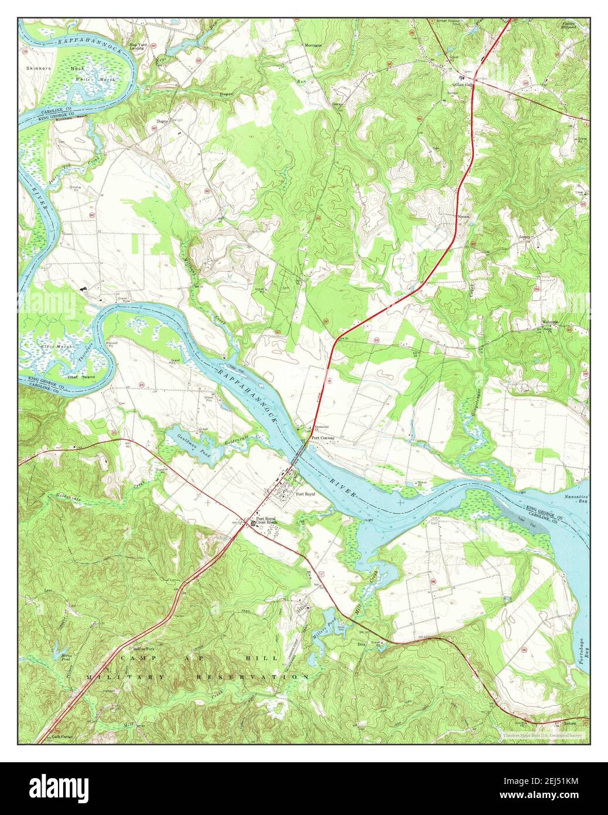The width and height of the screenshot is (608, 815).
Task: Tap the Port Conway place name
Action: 323,437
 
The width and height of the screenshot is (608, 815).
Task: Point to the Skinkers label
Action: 39,68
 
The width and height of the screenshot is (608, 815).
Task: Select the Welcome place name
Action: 551,322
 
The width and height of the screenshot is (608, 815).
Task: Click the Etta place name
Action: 361,644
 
